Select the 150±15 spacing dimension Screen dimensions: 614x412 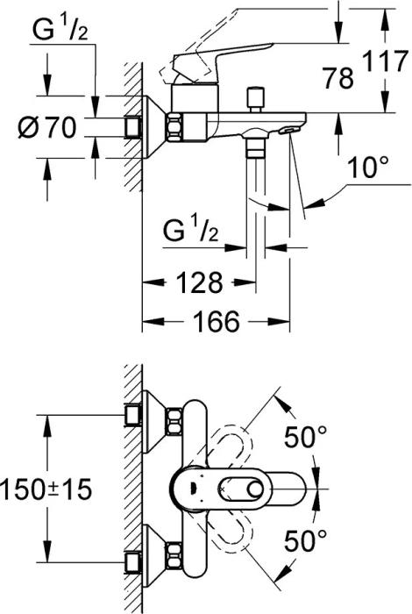46,489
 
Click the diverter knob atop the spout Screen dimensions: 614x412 257,97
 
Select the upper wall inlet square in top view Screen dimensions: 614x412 135,413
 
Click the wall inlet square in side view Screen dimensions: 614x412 135,127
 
